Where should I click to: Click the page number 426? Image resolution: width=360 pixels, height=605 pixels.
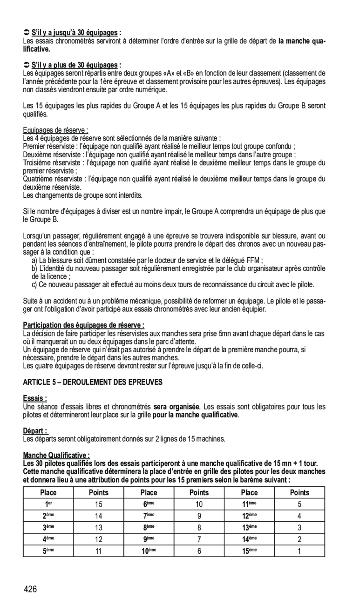[x=31, y=589]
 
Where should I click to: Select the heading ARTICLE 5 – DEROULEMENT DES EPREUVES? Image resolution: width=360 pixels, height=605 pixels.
[x=93, y=382]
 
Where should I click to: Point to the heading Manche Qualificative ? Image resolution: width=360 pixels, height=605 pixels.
[x=56, y=455]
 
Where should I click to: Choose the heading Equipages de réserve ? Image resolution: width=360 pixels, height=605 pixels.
[x=56, y=131]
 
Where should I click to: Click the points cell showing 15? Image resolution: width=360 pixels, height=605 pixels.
[x=98, y=504]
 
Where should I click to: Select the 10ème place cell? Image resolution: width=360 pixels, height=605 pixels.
[x=149, y=551]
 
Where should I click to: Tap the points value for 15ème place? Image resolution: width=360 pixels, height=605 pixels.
[x=299, y=551]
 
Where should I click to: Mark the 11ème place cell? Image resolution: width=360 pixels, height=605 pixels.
[x=249, y=504]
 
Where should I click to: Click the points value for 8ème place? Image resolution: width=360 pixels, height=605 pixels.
[x=199, y=528]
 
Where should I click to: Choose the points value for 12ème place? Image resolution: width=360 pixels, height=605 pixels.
[x=299, y=516]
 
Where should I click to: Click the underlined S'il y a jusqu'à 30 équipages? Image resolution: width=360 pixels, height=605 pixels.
[x=75, y=33]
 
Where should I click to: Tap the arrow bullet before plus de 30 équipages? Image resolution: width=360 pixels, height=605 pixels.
[x=26, y=65]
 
